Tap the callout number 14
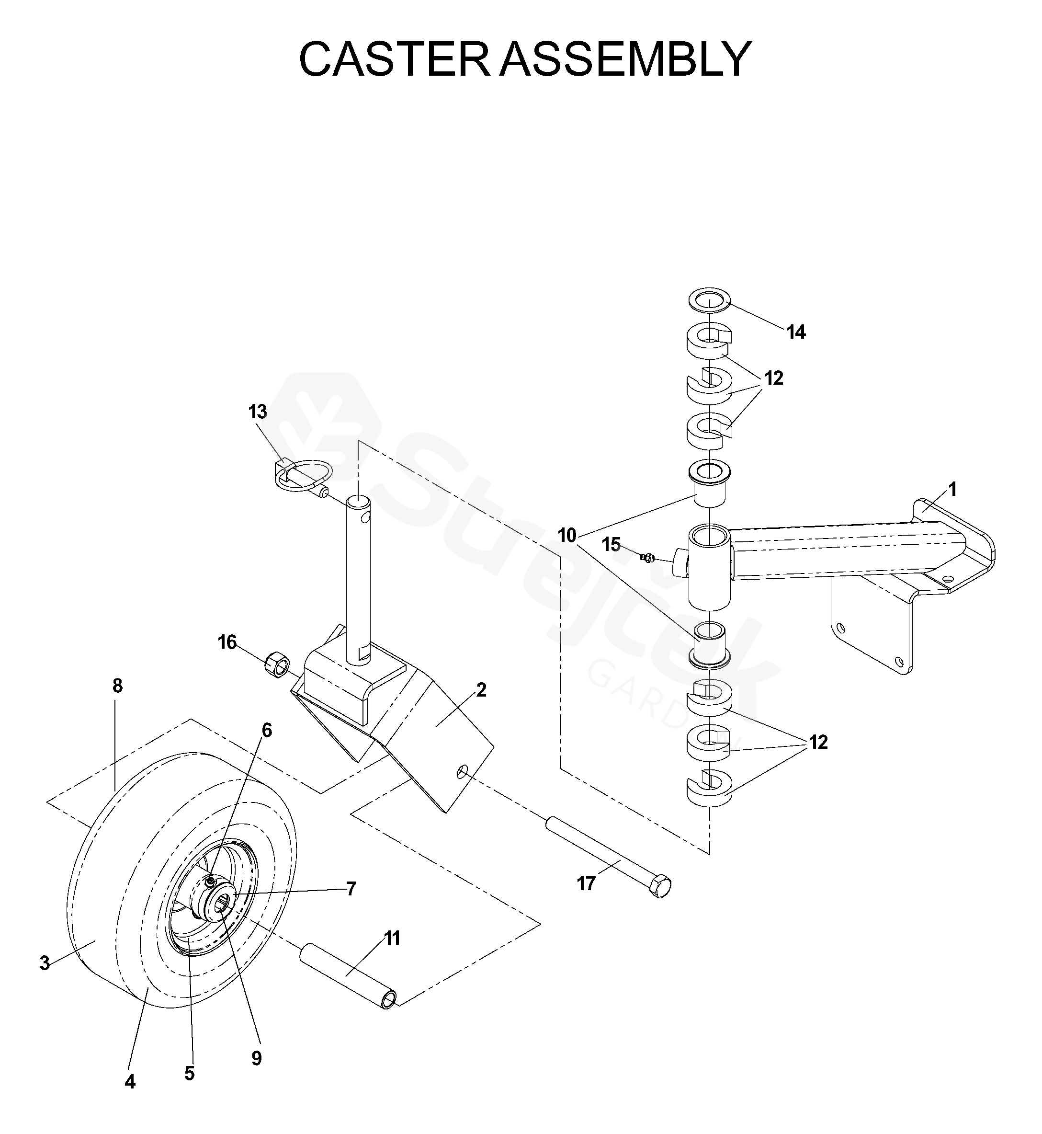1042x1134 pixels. (796, 332)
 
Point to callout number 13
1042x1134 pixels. (258, 412)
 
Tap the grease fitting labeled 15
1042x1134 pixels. (648, 558)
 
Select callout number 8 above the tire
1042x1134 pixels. (117, 686)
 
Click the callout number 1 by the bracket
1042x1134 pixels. (952, 489)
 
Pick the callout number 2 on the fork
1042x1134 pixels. (481, 689)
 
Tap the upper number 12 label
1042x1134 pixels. (774, 378)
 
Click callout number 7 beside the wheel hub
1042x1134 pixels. (351, 889)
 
